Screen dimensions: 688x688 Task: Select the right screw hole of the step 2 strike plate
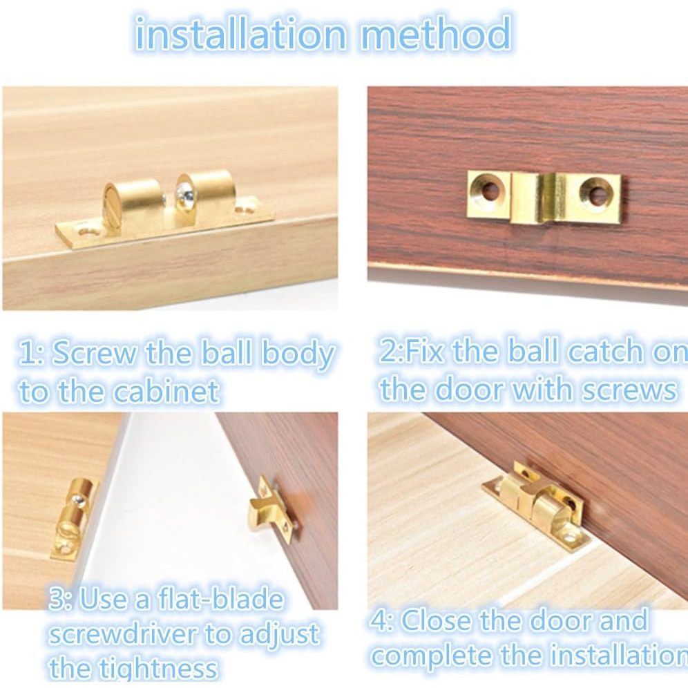click(x=596, y=193)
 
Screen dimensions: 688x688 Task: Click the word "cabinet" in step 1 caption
click(x=166, y=392)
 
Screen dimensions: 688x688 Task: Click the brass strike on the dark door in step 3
click(x=269, y=510)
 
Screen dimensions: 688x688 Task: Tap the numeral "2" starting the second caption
click(x=388, y=352)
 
